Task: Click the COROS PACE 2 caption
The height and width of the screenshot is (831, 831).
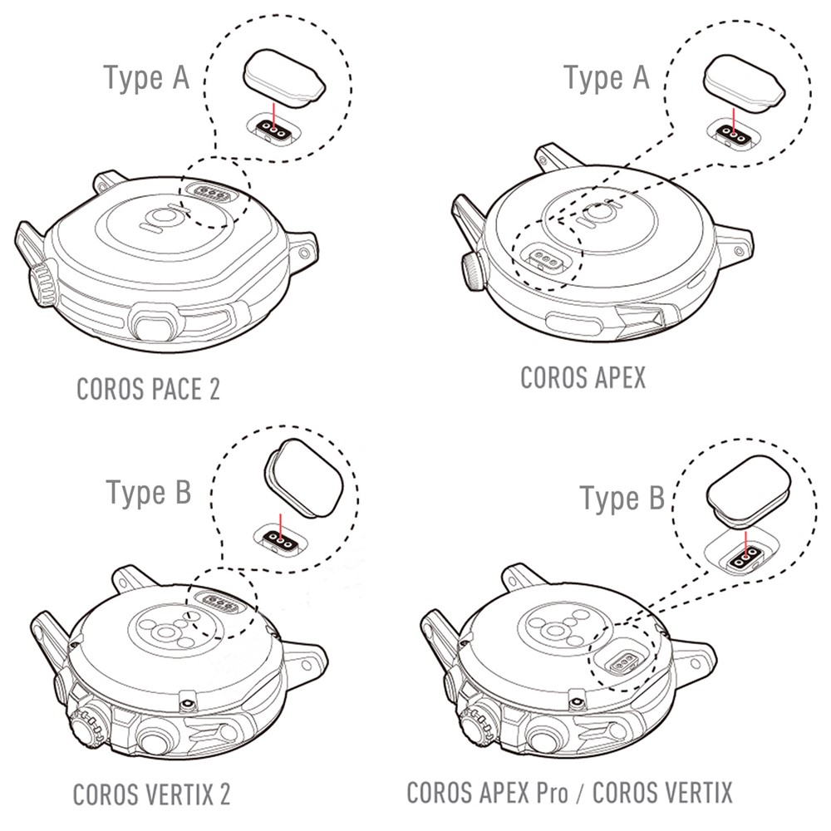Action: [148, 389]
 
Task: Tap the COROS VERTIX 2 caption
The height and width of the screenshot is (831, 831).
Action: [151, 794]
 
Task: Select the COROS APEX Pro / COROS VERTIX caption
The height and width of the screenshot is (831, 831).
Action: [569, 792]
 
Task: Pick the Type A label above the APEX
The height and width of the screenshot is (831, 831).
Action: [607, 78]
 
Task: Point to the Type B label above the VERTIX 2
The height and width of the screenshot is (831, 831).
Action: [148, 492]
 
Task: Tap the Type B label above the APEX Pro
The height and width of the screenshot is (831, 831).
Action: [622, 499]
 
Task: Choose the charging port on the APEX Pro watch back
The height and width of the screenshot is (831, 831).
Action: [627, 663]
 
